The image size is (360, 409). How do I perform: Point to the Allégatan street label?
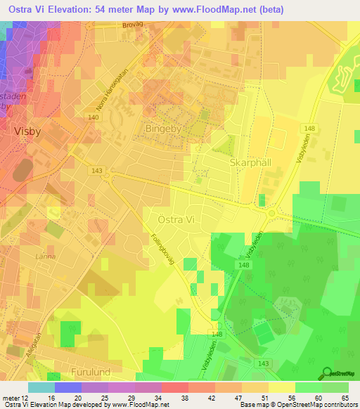point(32,344)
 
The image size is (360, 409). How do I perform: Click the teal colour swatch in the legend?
point(41,387)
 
